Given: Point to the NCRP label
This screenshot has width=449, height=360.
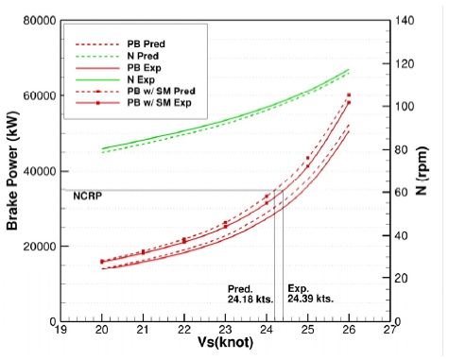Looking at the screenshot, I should click(x=87, y=196).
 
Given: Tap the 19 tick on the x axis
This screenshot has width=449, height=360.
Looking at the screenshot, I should click(x=61, y=331).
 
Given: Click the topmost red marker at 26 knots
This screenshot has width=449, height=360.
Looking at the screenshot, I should click(x=349, y=95).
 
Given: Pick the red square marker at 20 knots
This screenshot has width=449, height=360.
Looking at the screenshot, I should click(x=102, y=261).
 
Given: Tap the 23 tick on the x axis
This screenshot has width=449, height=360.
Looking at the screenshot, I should click(x=225, y=331).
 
